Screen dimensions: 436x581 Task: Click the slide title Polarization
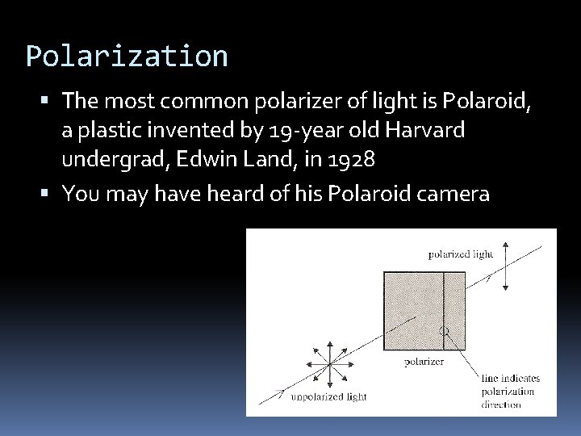pos(127,57)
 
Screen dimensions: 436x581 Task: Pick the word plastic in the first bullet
pos(113,130)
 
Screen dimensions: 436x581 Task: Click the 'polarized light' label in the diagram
pos(460,254)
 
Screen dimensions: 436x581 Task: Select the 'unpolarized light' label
pos(329,396)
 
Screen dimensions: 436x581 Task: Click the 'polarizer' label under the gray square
pos(424,362)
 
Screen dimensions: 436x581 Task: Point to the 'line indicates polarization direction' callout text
pos(508,392)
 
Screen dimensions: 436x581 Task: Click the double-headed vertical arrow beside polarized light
pos(506,266)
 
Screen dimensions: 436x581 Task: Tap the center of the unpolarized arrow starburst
pos(330,364)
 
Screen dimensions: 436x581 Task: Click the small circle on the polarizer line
pos(443,331)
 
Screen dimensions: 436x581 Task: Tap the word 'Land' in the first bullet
pos(274,159)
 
